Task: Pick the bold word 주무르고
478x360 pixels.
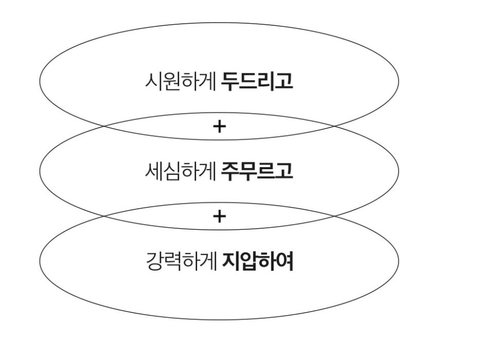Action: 257,172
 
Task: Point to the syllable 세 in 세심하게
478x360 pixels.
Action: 152,172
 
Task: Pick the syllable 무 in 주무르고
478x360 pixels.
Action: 248,172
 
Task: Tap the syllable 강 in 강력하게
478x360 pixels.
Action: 152,262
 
